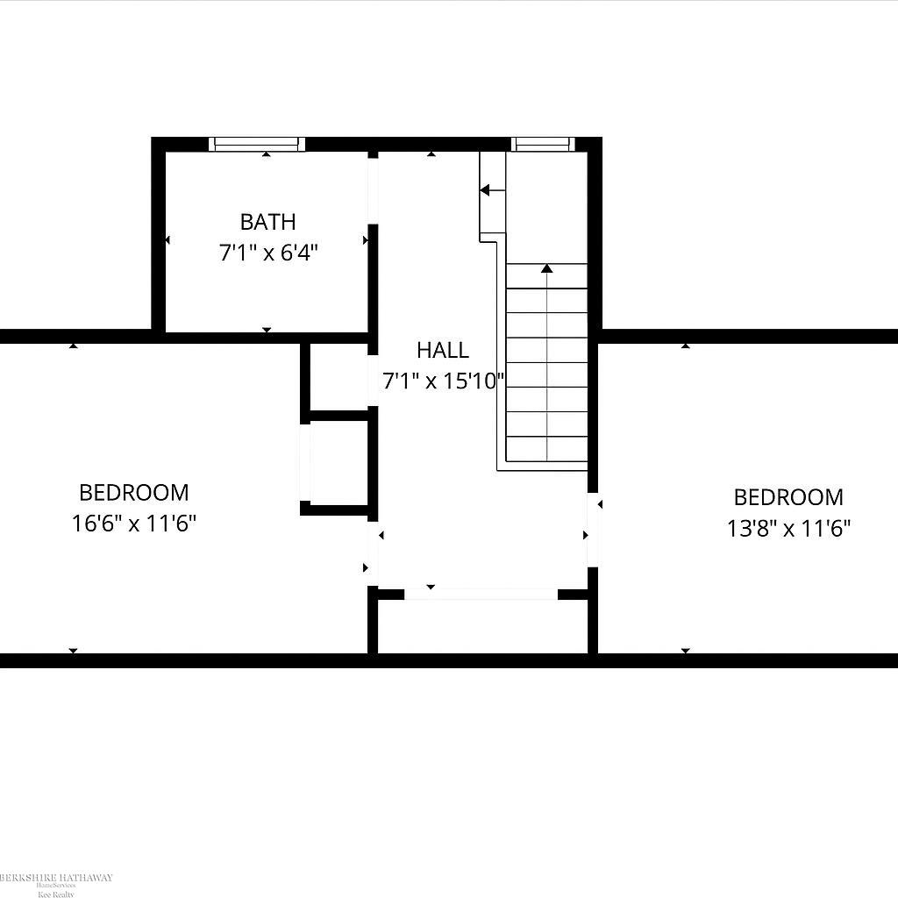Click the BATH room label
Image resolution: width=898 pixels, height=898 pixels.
click(267, 221)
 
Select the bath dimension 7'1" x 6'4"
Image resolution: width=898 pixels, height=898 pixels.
click(267, 253)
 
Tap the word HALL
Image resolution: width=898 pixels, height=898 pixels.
click(442, 351)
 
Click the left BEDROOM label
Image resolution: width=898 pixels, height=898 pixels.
click(133, 493)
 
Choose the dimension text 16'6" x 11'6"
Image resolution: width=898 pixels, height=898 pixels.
click(133, 524)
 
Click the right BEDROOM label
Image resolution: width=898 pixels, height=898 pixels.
click(788, 497)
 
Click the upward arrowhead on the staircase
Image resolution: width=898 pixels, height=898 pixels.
click(547, 268)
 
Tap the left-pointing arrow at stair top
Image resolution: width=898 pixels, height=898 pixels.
click(488, 189)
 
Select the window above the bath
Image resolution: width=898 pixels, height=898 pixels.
click(257, 144)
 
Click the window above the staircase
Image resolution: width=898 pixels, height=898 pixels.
click(543, 144)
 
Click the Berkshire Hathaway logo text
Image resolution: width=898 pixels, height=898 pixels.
click(54, 878)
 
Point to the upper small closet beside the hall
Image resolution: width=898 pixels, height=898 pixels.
click(339, 376)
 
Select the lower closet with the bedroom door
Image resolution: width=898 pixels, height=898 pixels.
click(339, 462)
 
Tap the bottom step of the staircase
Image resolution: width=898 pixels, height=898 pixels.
click(547, 448)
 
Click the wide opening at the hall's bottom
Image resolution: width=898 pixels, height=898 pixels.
click(481, 594)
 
